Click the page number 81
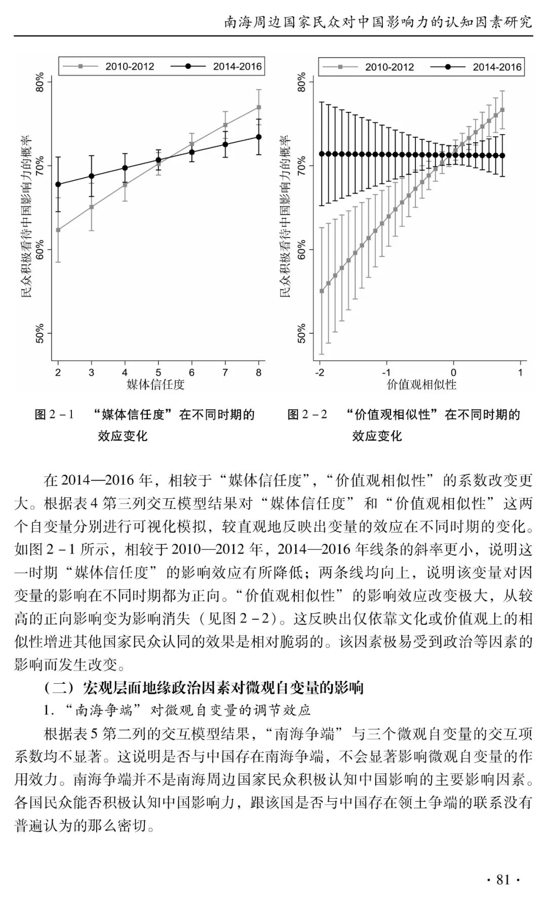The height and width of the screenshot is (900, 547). (503, 879)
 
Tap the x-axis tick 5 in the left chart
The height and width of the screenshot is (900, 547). (159, 373)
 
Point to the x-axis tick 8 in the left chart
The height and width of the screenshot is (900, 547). (259, 373)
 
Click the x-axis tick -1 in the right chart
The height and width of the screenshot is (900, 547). (386, 373)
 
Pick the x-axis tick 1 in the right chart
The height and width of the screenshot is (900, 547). (520, 373)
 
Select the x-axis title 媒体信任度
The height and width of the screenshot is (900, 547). (155, 385)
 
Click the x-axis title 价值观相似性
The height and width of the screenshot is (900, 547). (421, 385)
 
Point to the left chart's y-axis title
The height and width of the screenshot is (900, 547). (25, 216)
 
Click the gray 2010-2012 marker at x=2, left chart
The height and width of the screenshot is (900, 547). (58, 230)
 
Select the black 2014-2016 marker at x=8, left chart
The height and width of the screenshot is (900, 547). (259, 137)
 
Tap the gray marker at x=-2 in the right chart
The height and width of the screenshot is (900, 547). (322, 291)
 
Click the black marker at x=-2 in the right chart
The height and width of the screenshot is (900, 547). (322, 154)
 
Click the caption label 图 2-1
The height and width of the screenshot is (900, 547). (54, 415)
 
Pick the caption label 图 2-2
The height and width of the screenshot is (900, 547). (307, 415)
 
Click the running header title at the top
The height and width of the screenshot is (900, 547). (378, 23)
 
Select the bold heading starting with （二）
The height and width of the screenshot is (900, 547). (204, 687)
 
